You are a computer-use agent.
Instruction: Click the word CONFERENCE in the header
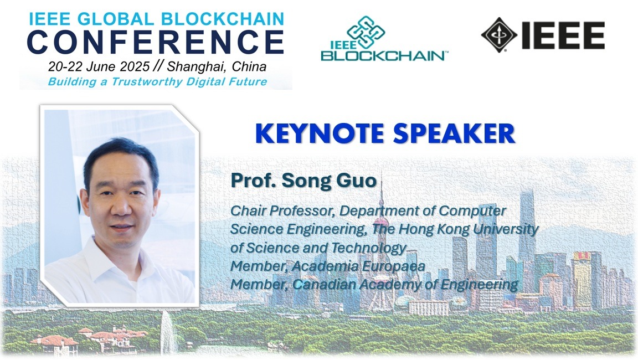click(x=155, y=43)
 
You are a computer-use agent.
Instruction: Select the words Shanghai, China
click(x=217, y=67)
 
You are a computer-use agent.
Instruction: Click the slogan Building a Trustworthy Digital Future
click(x=157, y=82)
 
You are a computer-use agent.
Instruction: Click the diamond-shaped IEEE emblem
click(x=499, y=34)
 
